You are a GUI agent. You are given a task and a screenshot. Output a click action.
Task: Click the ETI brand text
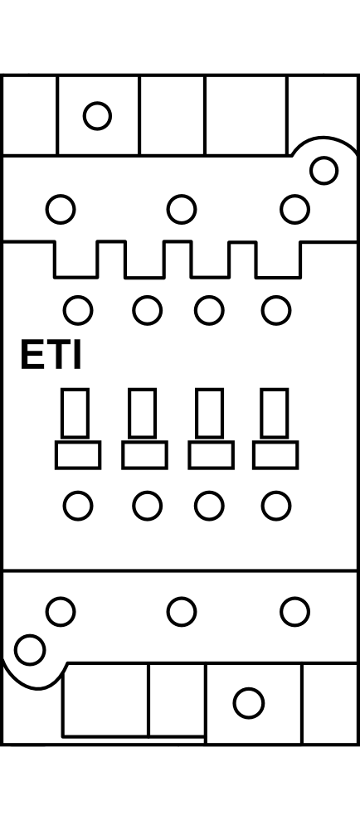coord(51,356)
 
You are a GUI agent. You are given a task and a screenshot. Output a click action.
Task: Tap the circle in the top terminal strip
coord(97,115)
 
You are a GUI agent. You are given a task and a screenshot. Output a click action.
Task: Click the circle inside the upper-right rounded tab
coord(324,171)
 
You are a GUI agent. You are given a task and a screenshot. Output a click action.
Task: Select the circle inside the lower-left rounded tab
coord(30,650)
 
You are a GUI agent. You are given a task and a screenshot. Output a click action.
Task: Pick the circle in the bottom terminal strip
coord(249,703)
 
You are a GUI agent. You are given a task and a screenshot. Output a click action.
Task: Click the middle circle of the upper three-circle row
coord(182,209)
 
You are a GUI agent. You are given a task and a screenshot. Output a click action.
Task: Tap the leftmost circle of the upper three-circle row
coord(61,209)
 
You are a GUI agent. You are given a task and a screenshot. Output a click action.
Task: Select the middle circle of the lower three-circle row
coord(182,611)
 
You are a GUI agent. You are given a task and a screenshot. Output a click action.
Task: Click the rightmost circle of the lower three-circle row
coord(294,611)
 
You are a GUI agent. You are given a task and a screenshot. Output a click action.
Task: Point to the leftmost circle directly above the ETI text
coord(78,310)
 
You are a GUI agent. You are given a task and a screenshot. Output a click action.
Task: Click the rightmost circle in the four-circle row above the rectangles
coord(276,310)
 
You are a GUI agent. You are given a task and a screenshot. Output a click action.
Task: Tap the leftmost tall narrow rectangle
coord(75,413)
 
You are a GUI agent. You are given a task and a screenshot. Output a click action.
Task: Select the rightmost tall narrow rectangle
coord(275,413)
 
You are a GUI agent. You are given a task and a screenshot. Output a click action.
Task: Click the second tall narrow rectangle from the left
coord(143,413)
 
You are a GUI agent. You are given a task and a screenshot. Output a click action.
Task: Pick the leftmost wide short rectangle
coord(78,455)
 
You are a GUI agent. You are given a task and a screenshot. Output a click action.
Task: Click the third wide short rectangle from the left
coord(212,455)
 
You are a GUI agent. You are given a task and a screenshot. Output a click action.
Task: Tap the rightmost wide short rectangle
coord(275,455)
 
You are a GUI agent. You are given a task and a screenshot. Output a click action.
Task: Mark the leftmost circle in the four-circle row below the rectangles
coord(78,506)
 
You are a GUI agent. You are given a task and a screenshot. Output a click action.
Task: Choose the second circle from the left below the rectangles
coord(147,506)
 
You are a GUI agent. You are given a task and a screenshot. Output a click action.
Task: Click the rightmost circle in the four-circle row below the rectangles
coord(276,506)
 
